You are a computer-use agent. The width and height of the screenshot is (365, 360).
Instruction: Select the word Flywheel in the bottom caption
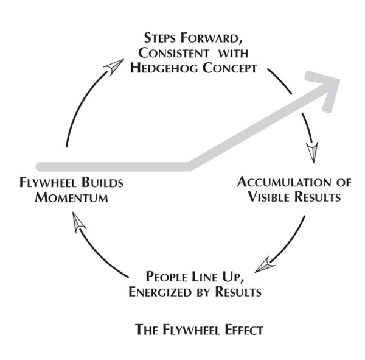pyautogui.click(x=189, y=330)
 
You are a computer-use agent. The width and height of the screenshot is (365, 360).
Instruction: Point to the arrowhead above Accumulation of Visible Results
pyautogui.click(x=312, y=152)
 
